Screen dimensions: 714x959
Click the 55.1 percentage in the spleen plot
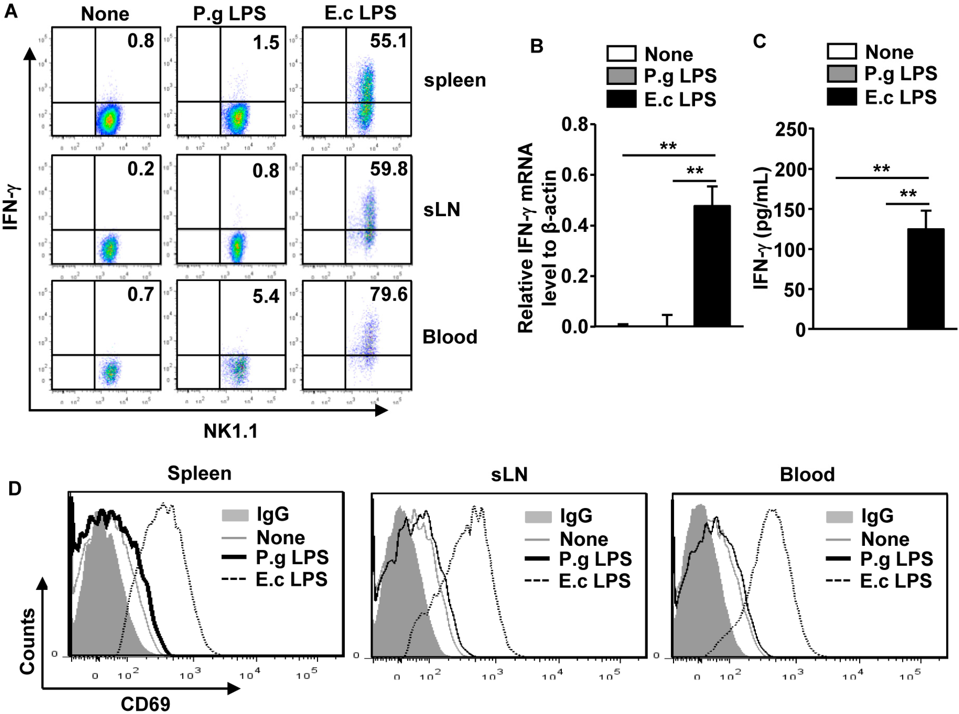click(388, 41)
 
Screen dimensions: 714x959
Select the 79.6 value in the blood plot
click(388, 295)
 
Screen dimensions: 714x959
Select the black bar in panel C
click(925, 279)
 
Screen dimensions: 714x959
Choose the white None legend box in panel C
click(842, 52)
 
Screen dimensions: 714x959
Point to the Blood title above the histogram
click(807, 474)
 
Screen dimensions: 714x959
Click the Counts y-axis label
click(27, 641)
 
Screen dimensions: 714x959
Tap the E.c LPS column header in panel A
click(360, 13)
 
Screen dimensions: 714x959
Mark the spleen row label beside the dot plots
click(455, 80)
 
